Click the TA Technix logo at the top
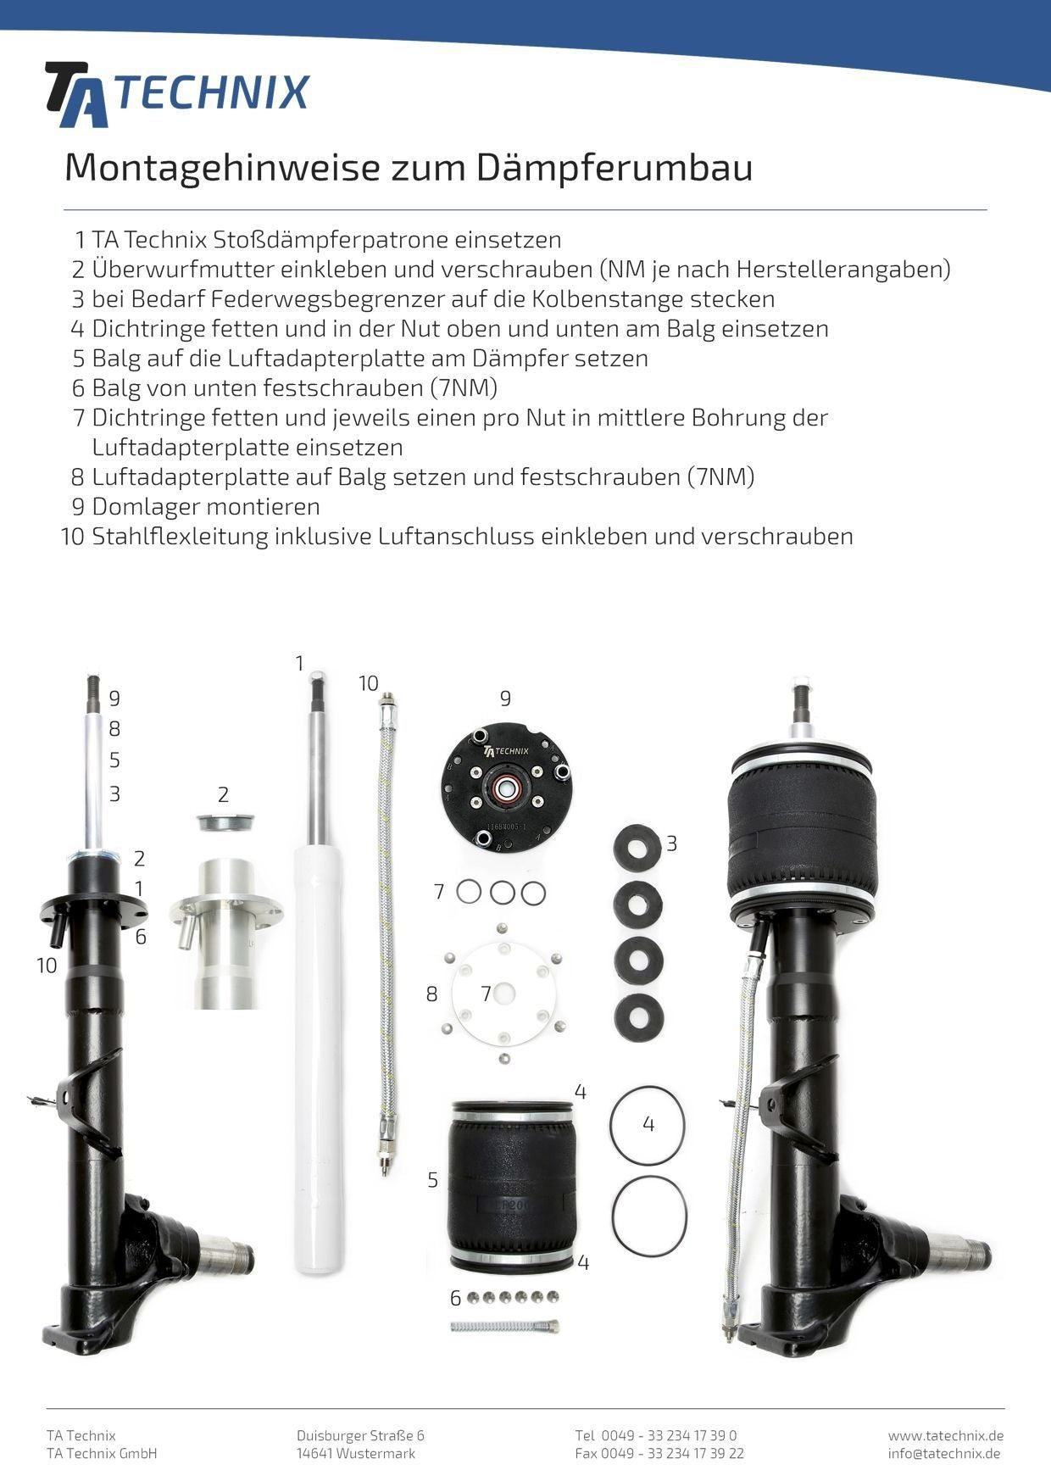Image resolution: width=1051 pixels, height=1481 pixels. [176, 93]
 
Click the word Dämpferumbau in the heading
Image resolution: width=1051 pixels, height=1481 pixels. [614, 168]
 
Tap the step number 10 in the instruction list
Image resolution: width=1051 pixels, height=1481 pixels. [73, 537]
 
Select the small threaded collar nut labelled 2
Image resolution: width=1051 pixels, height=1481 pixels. [225, 821]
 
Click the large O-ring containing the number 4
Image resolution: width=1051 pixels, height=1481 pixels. [648, 1125]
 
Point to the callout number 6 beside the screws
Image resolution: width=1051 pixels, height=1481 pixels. [455, 1298]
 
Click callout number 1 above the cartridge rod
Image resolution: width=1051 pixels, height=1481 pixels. [299, 664]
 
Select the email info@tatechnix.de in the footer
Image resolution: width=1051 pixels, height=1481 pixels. [944, 1453]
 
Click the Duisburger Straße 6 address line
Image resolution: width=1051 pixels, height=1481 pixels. [360, 1435]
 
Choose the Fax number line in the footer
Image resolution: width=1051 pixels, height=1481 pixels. [659, 1453]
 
